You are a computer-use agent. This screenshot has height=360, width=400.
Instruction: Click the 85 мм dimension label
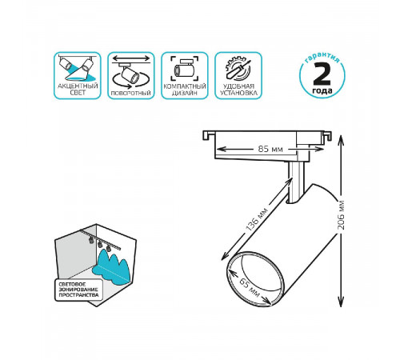click(x=270, y=149)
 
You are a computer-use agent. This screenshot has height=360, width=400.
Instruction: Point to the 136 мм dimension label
click(x=256, y=219)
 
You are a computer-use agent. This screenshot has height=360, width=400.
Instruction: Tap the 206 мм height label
click(x=341, y=215)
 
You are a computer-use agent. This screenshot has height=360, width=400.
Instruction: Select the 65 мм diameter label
click(x=249, y=287)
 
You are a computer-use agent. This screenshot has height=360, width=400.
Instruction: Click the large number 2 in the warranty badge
click(x=322, y=74)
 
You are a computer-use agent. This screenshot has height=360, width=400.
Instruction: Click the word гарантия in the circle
click(x=322, y=58)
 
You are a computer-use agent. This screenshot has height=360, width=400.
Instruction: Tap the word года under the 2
click(x=322, y=91)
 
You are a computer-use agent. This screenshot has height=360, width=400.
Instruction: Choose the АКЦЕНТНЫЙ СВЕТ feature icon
click(x=78, y=75)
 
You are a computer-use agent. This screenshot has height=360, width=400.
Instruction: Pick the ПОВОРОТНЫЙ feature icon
click(x=131, y=75)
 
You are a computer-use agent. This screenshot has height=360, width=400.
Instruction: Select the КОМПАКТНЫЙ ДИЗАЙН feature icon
click(x=185, y=75)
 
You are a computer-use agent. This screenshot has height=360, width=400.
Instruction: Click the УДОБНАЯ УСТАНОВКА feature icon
click(x=238, y=75)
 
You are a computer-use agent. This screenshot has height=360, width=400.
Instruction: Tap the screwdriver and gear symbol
click(x=238, y=69)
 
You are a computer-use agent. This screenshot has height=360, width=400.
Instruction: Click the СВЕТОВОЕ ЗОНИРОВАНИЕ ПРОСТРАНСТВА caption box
click(x=79, y=290)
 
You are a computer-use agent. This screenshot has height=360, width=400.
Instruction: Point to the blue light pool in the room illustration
click(x=111, y=266)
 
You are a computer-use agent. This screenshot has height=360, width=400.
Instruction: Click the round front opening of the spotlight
click(x=254, y=278)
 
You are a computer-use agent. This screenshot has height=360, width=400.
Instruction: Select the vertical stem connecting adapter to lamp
click(x=296, y=182)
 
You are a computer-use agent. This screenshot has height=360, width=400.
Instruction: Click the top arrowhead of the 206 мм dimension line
click(x=341, y=137)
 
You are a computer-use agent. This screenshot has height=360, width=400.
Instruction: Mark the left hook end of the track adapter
click(x=207, y=135)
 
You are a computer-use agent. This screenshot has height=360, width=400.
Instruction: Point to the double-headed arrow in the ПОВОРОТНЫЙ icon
click(x=131, y=58)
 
